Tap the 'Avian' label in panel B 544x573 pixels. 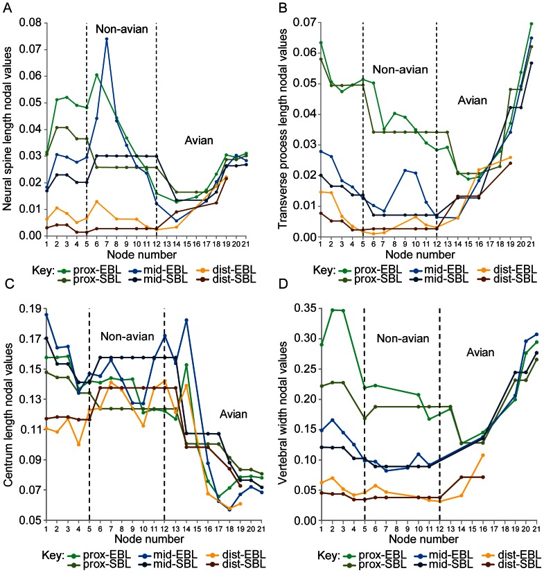tap(475, 100)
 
